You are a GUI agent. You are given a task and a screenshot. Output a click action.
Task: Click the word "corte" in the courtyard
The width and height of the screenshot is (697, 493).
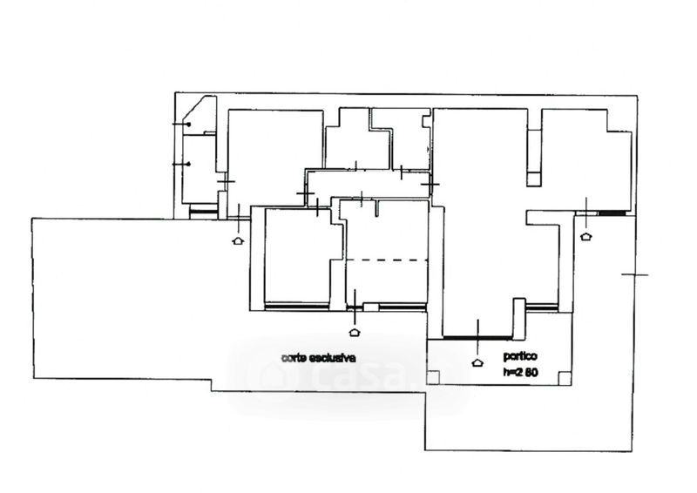click(x=294, y=357)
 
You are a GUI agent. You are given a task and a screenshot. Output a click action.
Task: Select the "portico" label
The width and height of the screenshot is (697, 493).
click(x=520, y=356)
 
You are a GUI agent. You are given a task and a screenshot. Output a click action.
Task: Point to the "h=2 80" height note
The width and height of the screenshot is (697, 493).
click(x=520, y=372)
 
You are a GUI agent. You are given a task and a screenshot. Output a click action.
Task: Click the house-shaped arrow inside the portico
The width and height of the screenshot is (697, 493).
click(x=477, y=362)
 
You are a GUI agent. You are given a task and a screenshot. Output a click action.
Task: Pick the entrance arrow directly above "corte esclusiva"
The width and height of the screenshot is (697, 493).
click(x=355, y=332)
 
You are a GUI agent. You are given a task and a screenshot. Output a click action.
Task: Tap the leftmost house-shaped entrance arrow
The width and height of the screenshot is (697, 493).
click(x=238, y=240)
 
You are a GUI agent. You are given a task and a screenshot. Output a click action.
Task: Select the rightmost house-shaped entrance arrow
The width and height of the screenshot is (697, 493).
click(x=586, y=236)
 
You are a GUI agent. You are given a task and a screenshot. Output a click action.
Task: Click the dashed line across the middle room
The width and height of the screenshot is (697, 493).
click(x=386, y=260)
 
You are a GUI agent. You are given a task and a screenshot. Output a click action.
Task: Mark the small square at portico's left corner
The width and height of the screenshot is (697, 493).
click(x=433, y=377)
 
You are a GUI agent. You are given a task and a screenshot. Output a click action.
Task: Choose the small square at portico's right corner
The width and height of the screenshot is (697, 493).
click(x=565, y=377)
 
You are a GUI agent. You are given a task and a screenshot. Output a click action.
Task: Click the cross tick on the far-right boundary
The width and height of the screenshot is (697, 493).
click(x=635, y=274)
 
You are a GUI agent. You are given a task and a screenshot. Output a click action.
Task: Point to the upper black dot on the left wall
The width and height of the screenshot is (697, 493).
click(x=189, y=125)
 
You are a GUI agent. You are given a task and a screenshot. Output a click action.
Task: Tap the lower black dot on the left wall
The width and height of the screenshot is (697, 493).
click(x=189, y=164)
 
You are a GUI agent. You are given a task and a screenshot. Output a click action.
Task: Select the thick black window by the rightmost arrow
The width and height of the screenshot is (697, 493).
click(x=612, y=213)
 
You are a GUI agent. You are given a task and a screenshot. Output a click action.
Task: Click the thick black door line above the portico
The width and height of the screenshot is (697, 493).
click(x=477, y=338)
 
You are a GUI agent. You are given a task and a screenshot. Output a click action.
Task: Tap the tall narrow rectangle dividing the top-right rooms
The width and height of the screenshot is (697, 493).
click(x=534, y=158)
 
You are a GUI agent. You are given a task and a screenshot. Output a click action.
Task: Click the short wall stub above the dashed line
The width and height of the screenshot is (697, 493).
click(x=377, y=208)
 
